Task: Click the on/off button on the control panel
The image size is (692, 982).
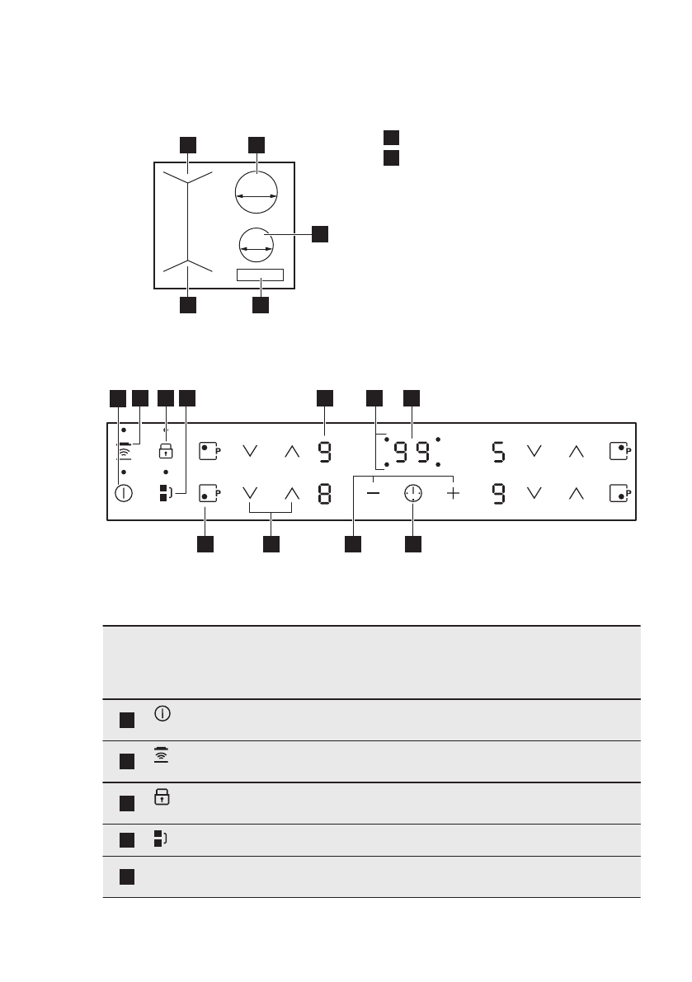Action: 124,493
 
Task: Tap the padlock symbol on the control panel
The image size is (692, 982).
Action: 166,451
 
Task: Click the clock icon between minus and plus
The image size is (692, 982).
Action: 412,493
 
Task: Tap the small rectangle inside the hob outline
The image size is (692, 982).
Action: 261,275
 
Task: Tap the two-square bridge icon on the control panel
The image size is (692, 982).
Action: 166,493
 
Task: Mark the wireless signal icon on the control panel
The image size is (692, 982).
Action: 124,452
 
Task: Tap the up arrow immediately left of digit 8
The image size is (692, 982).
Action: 290,493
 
